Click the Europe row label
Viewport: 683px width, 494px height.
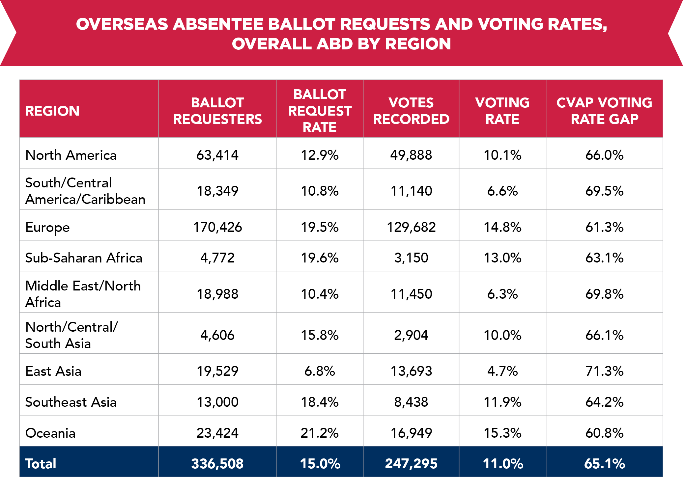tap(47, 227)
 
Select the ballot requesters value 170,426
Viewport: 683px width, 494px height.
tap(217, 227)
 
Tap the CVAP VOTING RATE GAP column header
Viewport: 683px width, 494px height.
tap(604, 111)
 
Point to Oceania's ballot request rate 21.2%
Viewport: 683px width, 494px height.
tap(319, 433)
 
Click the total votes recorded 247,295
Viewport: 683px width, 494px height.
tap(411, 464)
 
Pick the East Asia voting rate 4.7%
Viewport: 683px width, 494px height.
tap(502, 371)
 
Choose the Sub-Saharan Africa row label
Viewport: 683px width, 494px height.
tap(84, 258)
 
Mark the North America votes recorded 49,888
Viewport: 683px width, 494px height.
tap(411, 155)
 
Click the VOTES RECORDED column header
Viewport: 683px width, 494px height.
tap(411, 111)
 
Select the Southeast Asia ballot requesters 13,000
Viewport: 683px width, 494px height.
tap(217, 402)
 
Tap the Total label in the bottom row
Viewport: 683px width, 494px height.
tap(41, 464)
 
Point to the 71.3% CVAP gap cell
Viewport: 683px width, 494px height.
tap(604, 371)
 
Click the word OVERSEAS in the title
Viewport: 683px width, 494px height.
tap(122, 24)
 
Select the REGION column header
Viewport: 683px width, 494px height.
tap(52, 111)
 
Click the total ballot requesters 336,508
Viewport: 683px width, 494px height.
tap(217, 464)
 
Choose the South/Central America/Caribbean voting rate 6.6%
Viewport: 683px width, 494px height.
tap(502, 191)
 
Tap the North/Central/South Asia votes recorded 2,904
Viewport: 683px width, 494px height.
tap(411, 335)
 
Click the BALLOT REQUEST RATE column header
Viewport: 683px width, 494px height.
tap(319, 111)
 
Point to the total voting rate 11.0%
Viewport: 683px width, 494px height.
tap(502, 464)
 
